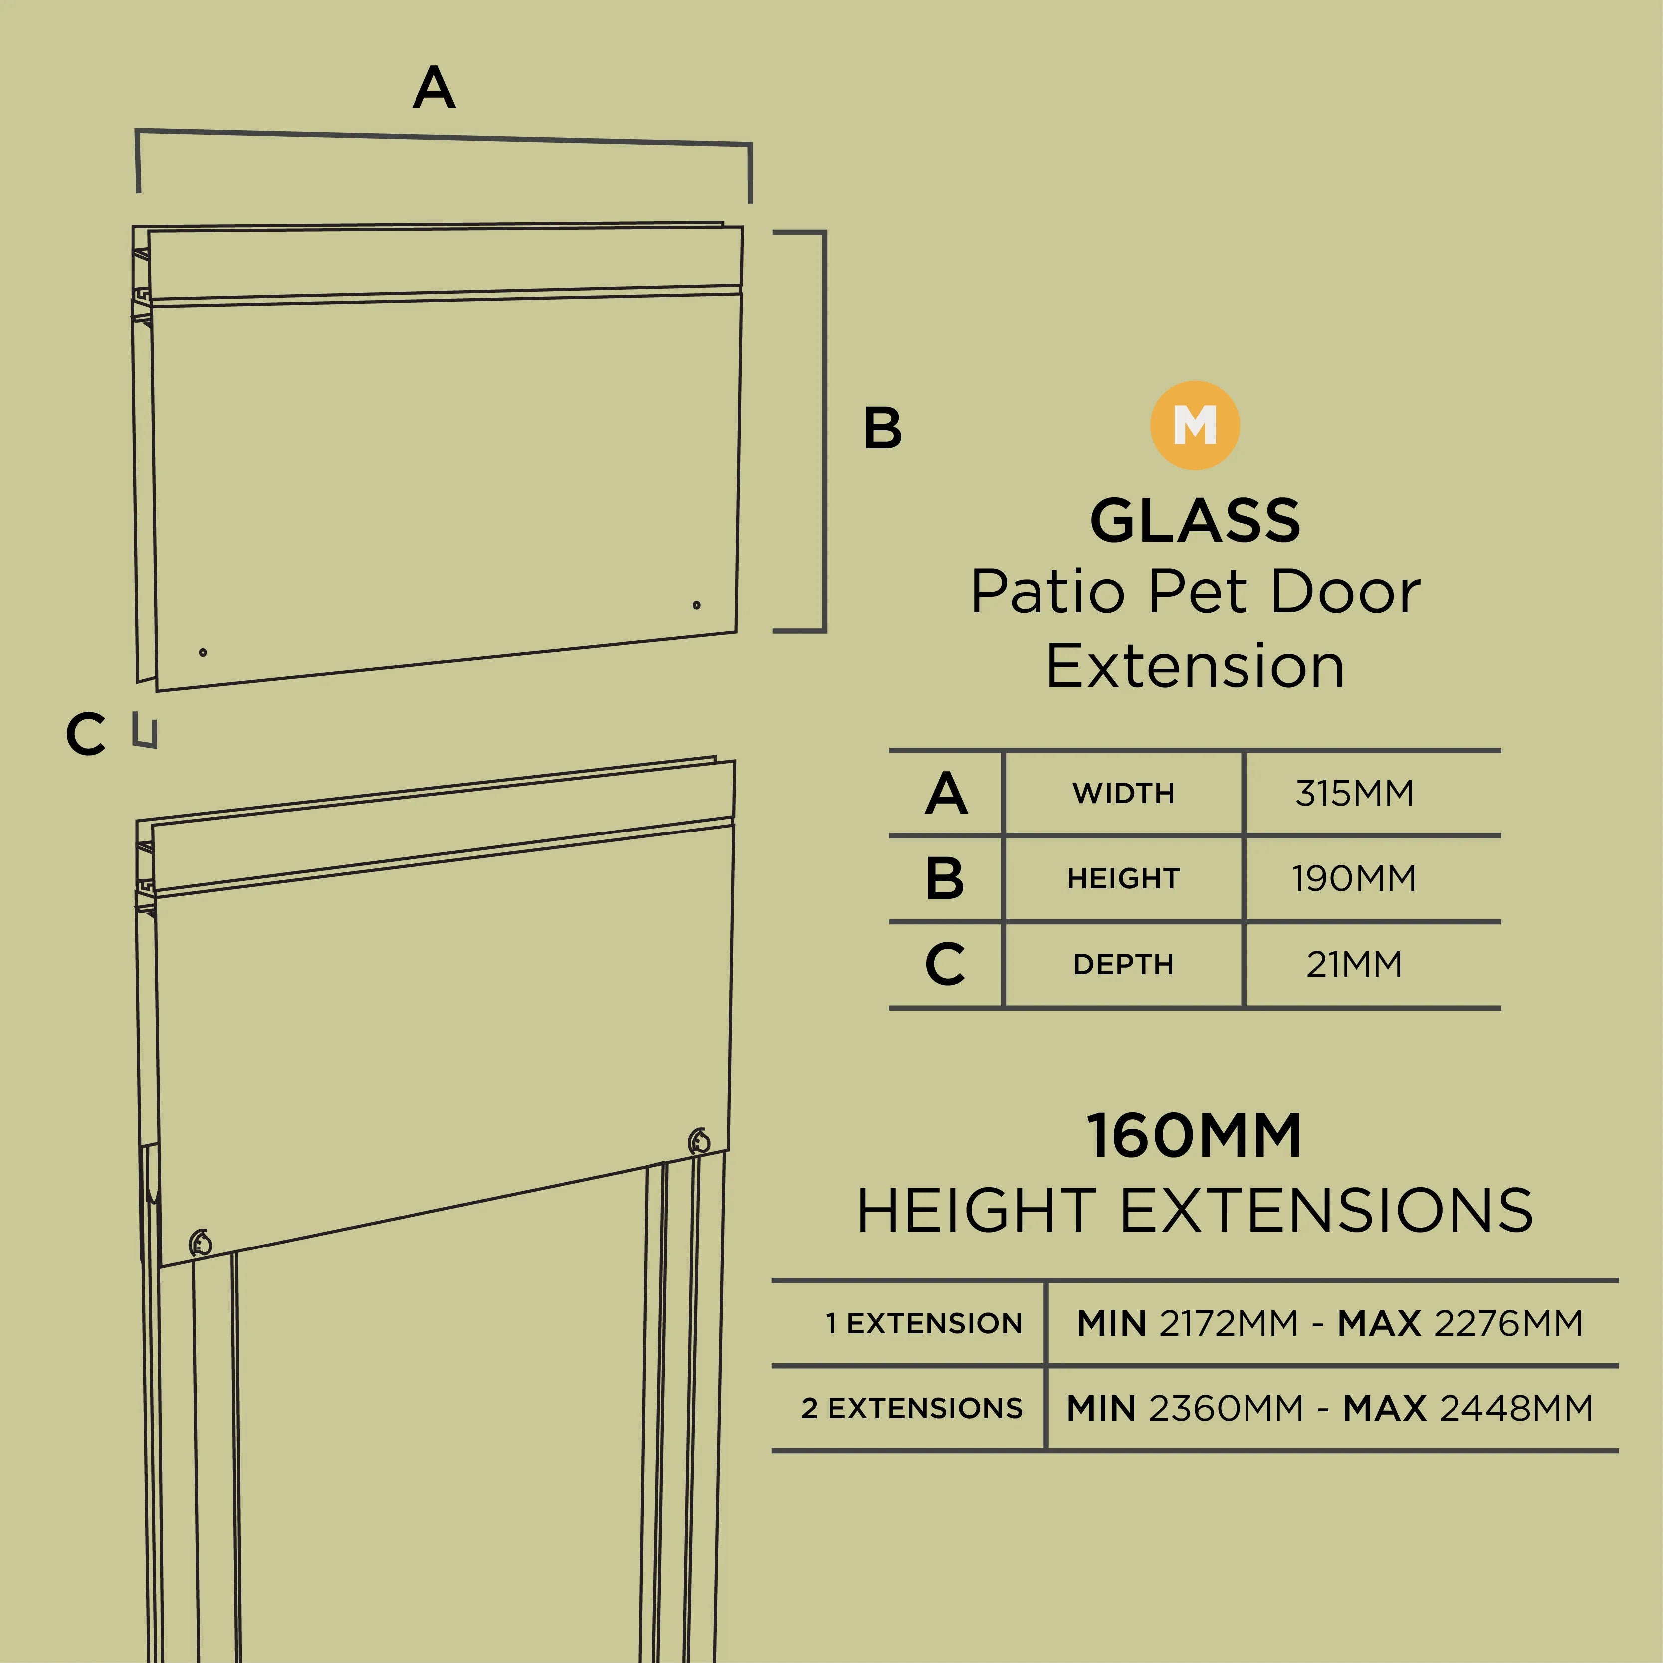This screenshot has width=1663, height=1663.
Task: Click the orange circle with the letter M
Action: [x=1195, y=425]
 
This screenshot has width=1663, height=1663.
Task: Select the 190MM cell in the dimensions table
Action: [x=1354, y=878]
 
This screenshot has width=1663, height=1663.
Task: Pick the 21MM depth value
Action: [x=1354, y=964]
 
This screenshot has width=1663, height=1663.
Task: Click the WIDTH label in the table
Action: [x=1123, y=793]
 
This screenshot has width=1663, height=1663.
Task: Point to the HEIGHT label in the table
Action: [x=1123, y=878]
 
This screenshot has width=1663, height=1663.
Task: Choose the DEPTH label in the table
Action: [x=1123, y=964]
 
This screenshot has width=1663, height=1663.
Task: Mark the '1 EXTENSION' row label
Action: [x=924, y=1323]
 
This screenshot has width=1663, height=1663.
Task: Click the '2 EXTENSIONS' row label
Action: [x=911, y=1408]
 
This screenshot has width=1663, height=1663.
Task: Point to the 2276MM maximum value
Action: [x=1508, y=1323]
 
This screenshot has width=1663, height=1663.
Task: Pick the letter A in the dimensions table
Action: [x=946, y=793]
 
